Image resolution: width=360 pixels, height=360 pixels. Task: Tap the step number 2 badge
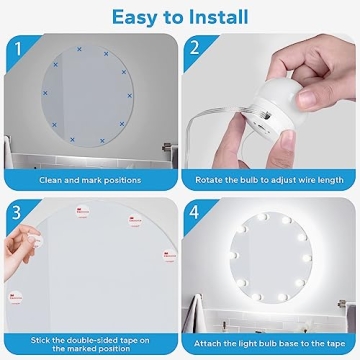(197, 47)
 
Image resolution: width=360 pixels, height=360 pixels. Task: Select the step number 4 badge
(197, 214)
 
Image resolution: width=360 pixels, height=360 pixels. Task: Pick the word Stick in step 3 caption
(45, 337)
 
